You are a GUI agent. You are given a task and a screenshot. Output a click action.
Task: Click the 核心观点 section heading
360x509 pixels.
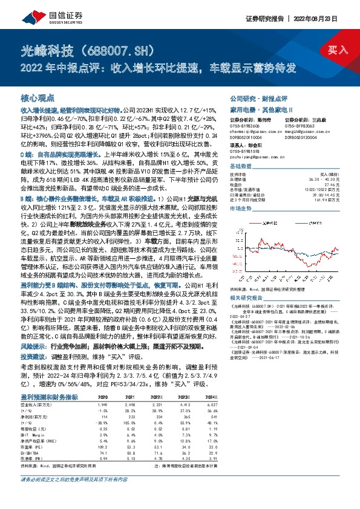pyautogui.click(x=38, y=97)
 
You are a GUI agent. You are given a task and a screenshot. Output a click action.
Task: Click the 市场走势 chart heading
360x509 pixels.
pyautogui.click(x=241, y=207)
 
